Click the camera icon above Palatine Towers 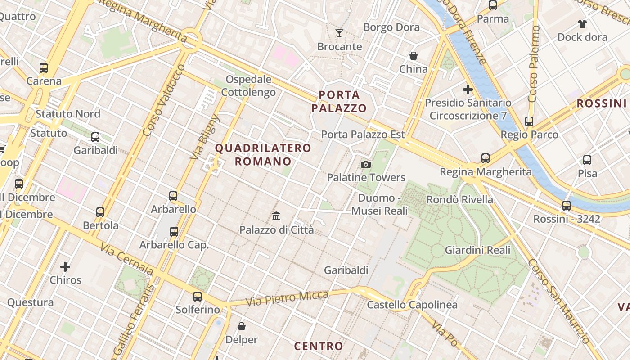[x=366, y=164]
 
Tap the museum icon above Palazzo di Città [x=276, y=216]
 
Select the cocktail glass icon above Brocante [x=339, y=33]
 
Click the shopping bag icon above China [x=413, y=56]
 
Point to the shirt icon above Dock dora [x=582, y=23]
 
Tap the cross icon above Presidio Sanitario [x=468, y=89]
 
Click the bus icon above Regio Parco [x=529, y=121]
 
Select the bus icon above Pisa [x=587, y=160]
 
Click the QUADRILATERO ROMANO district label [x=263, y=154]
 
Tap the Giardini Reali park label [x=477, y=250]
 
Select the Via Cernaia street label [x=127, y=259]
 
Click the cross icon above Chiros [x=65, y=267]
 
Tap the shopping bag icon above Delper [x=242, y=326]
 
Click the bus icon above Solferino [x=198, y=296]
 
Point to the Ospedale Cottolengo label [x=248, y=86]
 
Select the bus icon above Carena [x=44, y=68]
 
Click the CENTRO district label [x=319, y=346]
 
